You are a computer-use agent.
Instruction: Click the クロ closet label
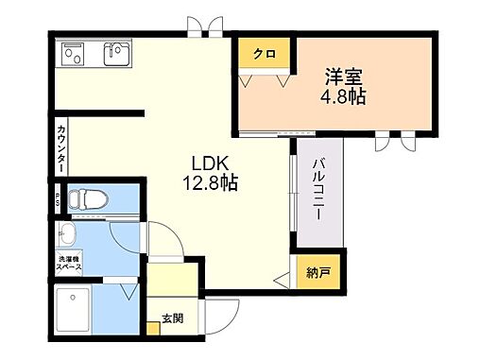coord(264,54)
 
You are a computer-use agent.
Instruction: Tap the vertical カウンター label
coord(61,147)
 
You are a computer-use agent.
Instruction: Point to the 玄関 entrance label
coord(171,317)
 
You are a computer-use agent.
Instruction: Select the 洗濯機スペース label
coord(67,265)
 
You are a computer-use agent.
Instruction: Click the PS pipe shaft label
coord(58,199)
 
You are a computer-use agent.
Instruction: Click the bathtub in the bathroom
coord(73,311)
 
